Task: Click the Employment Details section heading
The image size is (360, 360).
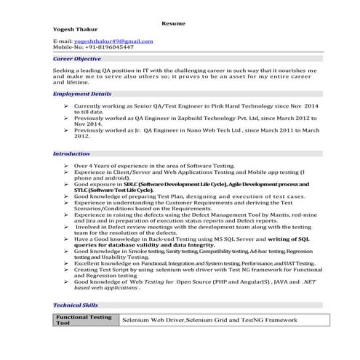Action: pyautogui.click(x=82, y=94)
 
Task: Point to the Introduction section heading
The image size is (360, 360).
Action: pyautogui.click(x=71, y=153)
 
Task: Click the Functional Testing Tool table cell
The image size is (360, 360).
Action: pyautogui.click(x=84, y=320)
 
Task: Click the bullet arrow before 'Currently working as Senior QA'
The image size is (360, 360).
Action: pyautogui.click(x=66, y=106)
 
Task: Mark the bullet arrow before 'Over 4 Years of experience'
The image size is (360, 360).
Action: pyautogui.click(x=66, y=166)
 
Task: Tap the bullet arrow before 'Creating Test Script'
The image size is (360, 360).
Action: pyautogui.click(x=66, y=268)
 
